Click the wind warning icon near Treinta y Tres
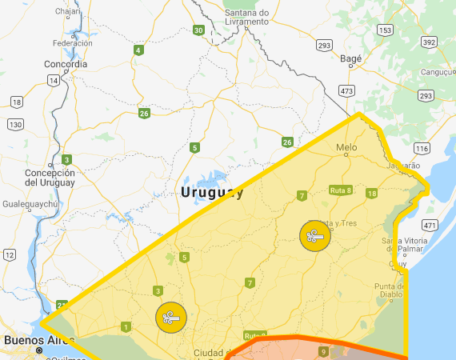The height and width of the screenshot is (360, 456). point(314,236)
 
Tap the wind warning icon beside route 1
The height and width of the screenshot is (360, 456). point(170,317)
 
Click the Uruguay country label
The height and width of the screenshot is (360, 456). point(211,193)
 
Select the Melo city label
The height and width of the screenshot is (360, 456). point(346,147)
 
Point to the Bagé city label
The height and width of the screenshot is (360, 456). point(351,58)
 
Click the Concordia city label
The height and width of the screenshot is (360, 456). point(66,64)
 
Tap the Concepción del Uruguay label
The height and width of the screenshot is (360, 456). point(50,177)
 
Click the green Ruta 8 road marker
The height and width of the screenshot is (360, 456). point(341,190)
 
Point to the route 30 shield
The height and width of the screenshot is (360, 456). point(198,30)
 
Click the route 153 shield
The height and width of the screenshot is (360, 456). point(386,30)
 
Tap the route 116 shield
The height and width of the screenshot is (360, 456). point(422,149)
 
